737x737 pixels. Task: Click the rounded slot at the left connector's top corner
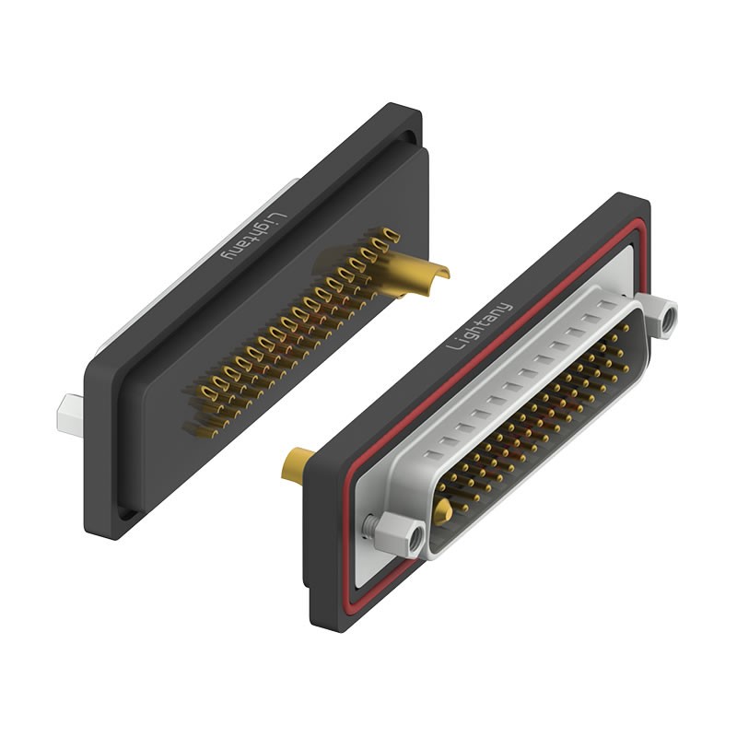[403, 138]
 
